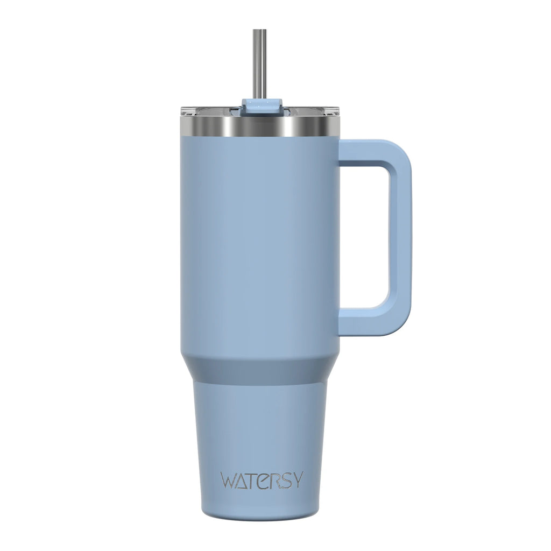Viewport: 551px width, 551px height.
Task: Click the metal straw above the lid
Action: [260, 65]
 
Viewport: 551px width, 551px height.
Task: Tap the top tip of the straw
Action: [260, 30]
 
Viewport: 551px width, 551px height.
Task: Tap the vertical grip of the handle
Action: [400, 237]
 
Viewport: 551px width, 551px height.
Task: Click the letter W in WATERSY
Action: [228, 480]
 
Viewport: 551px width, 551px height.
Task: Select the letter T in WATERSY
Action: [255, 480]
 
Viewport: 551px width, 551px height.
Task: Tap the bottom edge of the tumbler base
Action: [260, 518]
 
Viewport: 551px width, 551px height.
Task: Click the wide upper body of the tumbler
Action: [260, 242]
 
